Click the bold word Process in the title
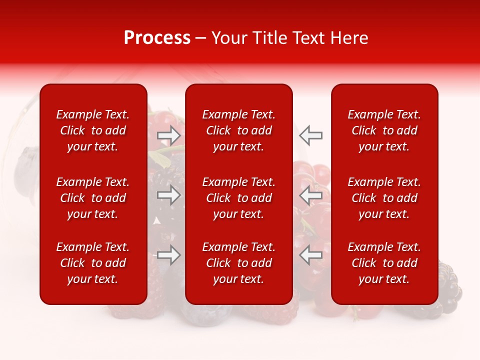point(157,38)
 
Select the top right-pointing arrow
point(168,135)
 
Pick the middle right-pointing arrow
point(168,195)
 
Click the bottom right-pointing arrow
point(168,255)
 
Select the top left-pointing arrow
point(311,135)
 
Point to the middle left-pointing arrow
point(311,195)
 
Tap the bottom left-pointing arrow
point(311,255)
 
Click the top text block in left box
point(93,130)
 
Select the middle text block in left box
point(93,198)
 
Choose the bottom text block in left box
point(93,263)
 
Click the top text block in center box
point(239,130)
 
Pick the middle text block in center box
point(239,198)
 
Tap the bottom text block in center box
point(239,263)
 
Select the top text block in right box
point(384,130)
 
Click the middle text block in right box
point(384,198)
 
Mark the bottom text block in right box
point(384,263)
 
